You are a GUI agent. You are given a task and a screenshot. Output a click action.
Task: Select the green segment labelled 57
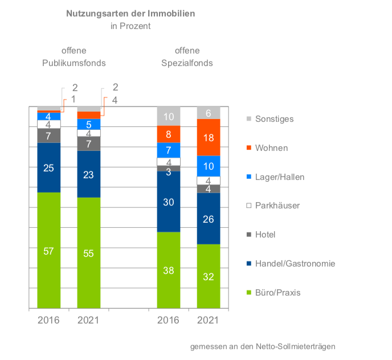coord(49,251)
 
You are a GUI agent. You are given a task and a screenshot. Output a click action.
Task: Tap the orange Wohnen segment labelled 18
coord(209,137)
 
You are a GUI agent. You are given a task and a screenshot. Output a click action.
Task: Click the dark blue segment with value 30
coord(169,202)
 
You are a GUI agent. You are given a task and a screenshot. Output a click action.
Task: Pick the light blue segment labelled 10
coord(209,166)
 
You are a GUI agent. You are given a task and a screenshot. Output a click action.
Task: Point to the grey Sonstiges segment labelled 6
coord(209,113)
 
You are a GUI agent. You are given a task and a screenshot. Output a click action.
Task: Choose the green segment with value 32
coord(209,277)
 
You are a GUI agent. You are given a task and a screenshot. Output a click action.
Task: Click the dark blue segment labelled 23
coord(89,174)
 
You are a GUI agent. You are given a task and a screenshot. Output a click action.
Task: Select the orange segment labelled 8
coord(169,134)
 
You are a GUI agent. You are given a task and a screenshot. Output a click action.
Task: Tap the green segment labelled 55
coord(89,253)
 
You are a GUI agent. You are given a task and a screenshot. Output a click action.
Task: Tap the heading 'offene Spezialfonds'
coord(187,57)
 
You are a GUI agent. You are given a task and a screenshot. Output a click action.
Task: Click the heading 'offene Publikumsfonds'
coord(74,57)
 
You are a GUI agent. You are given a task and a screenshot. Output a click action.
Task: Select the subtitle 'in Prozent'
coord(130,26)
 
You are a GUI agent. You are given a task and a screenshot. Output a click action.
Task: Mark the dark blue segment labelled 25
coord(49,167)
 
